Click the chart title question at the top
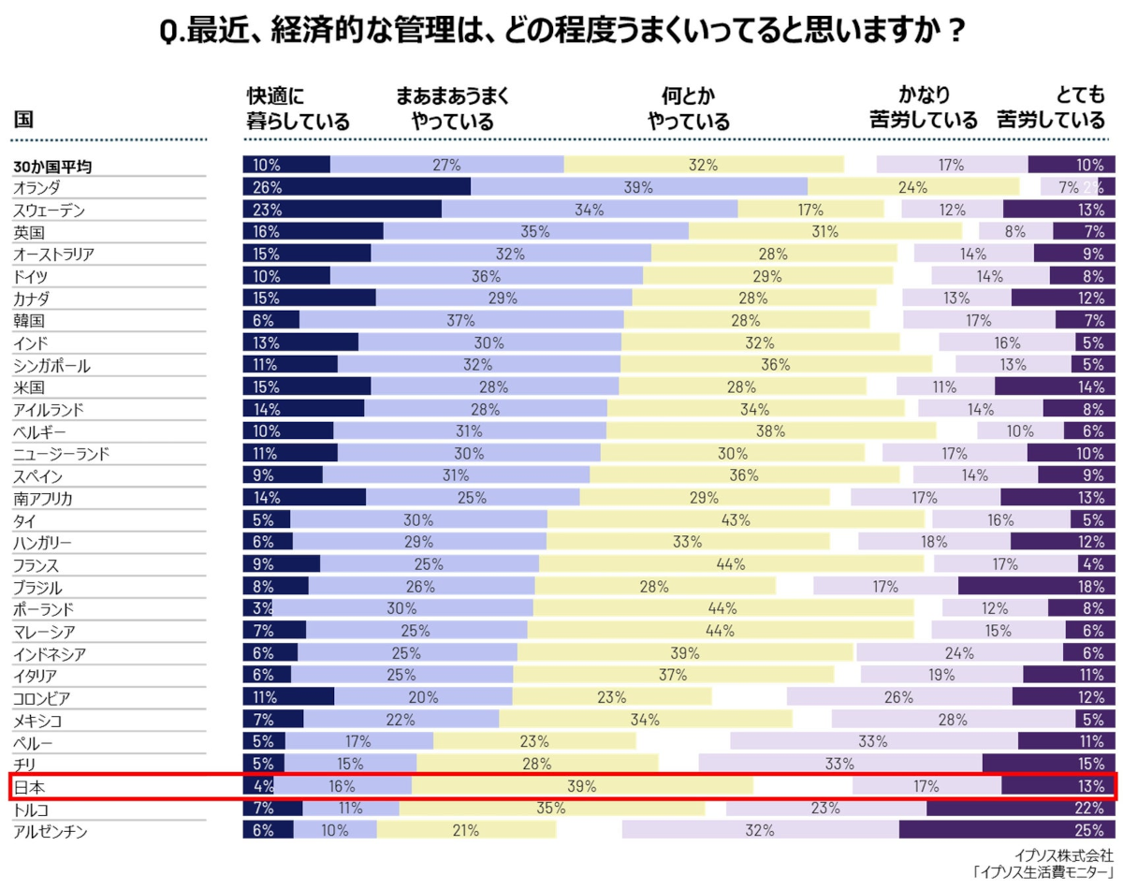tap(561, 32)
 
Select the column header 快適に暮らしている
tap(298, 108)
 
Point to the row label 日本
tap(29, 786)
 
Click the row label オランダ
tap(37, 187)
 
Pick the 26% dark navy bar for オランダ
tap(357, 187)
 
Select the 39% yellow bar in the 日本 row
tap(581, 786)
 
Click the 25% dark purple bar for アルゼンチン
tap(1007, 830)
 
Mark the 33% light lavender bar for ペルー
tap(872, 742)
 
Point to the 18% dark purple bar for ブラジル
tap(1037, 587)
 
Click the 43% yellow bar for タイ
tap(736, 520)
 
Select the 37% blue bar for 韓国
tap(461, 320)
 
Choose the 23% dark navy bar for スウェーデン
tap(343, 210)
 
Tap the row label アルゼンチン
tap(51, 830)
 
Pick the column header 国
tap(24, 120)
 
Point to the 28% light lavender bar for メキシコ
tap(953, 720)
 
